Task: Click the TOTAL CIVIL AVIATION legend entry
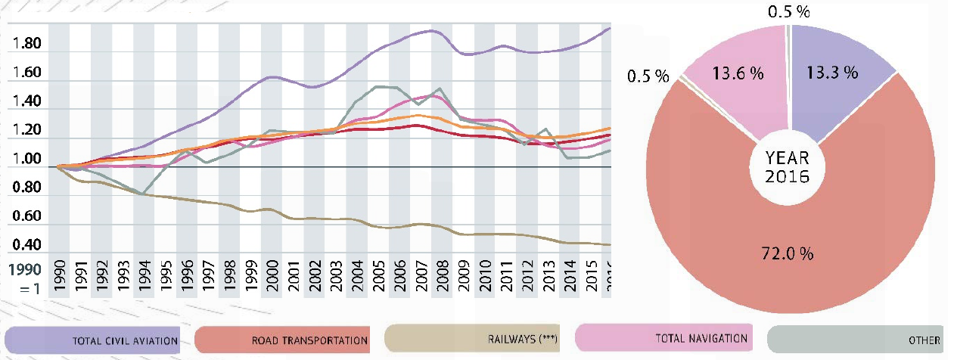pyautogui.click(x=93, y=340)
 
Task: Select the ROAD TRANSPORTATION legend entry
pyautogui.click(x=281, y=340)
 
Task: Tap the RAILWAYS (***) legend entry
pyautogui.click(x=472, y=340)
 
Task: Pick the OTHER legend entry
pyautogui.click(x=855, y=340)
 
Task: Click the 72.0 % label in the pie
pyautogui.click(x=787, y=254)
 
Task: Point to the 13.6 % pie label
pyautogui.click(x=735, y=73)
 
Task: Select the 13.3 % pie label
pyautogui.click(x=831, y=73)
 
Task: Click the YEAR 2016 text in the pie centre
pyautogui.click(x=787, y=168)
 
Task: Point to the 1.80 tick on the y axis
pyautogui.click(x=26, y=45)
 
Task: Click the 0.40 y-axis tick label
pyautogui.click(x=26, y=245)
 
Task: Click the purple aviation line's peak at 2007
pyautogui.click(x=430, y=30)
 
